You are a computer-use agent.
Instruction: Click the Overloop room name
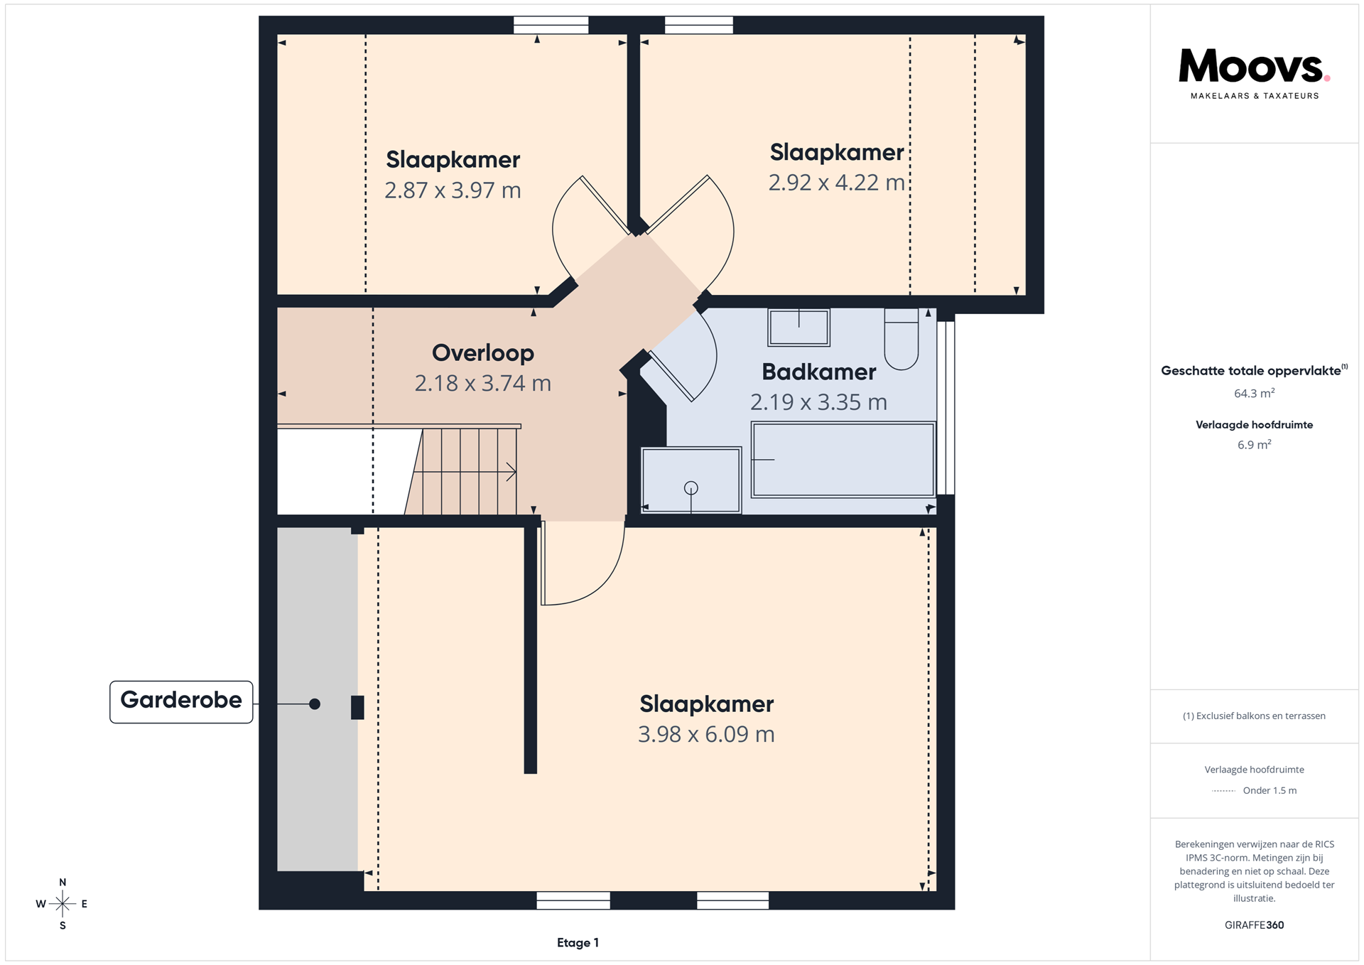(483, 352)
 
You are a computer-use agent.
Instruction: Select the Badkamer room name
(818, 372)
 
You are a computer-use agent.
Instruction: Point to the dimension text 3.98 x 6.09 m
(706, 734)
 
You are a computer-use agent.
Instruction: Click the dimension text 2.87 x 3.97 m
(453, 190)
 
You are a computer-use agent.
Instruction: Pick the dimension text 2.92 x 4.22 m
(836, 183)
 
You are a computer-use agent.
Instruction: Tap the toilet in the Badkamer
(902, 339)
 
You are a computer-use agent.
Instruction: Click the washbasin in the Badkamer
(799, 328)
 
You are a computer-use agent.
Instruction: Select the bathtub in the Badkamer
(843, 460)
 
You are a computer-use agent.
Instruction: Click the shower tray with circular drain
(691, 480)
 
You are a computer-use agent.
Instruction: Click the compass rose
(63, 904)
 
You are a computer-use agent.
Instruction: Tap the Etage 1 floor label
(578, 943)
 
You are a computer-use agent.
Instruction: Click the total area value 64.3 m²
(1254, 393)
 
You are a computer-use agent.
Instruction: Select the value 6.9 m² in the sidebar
(1254, 445)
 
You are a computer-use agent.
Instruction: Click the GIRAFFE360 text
(1254, 925)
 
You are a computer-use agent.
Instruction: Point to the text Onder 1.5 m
(1270, 790)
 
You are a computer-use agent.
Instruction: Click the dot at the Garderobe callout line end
(315, 704)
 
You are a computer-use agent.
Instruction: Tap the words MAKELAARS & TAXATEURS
(1255, 96)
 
